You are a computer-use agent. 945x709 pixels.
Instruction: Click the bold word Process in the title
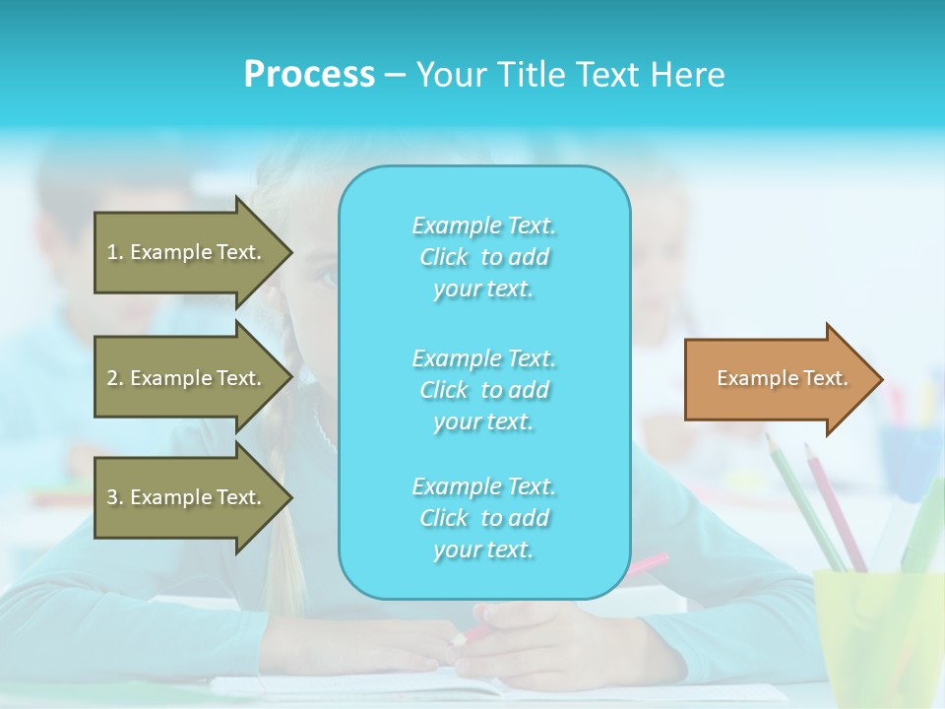[309, 74]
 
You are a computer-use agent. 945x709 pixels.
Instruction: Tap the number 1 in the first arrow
[112, 252]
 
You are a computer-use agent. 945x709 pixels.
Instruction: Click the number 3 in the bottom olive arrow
[112, 497]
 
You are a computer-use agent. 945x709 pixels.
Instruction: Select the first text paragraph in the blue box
[483, 257]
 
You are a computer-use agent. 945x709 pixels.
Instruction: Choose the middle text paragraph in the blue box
[483, 390]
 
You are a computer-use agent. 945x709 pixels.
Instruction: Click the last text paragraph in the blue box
[483, 518]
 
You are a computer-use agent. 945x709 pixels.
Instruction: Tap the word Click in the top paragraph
[444, 257]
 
